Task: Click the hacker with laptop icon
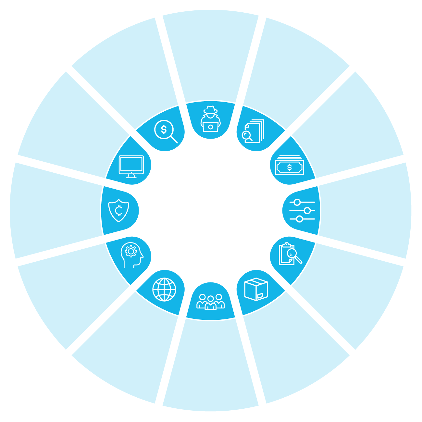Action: pyautogui.click(x=211, y=119)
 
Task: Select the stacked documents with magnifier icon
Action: pyautogui.click(x=253, y=131)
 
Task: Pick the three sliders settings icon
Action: pyautogui.click(x=302, y=211)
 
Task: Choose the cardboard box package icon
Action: pyautogui.click(x=256, y=289)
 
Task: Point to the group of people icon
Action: pyautogui.click(x=211, y=302)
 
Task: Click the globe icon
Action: pyautogui.click(x=164, y=290)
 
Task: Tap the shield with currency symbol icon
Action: pyautogui.click(x=119, y=211)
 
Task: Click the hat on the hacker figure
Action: pyautogui.click(x=211, y=110)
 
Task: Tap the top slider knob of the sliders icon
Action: pyautogui.click(x=297, y=202)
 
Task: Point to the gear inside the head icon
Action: pyautogui.click(x=130, y=251)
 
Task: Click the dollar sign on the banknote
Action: pyautogui.click(x=289, y=168)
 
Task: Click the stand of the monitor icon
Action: pyautogui.click(x=131, y=176)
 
